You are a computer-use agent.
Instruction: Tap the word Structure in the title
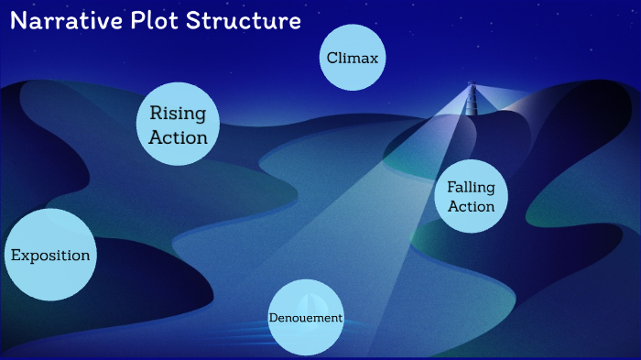click(x=243, y=21)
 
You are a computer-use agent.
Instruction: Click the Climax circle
click(x=353, y=58)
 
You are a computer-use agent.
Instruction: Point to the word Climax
click(x=353, y=58)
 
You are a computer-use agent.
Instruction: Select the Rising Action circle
click(x=179, y=125)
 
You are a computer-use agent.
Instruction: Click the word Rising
click(x=179, y=115)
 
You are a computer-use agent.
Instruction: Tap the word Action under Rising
click(x=179, y=137)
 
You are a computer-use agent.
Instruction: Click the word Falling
click(x=471, y=187)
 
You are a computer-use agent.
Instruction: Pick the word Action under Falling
click(x=472, y=206)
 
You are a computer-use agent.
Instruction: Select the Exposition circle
click(x=50, y=255)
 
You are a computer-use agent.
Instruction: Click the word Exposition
click(x=50, y=255)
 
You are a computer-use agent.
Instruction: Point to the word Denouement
click(x=306, y=318)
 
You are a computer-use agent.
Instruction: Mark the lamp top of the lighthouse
click(x=473, y=86)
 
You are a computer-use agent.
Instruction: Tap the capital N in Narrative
click(x=18, y=21)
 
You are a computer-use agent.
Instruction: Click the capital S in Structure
click(x=194, y=21)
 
